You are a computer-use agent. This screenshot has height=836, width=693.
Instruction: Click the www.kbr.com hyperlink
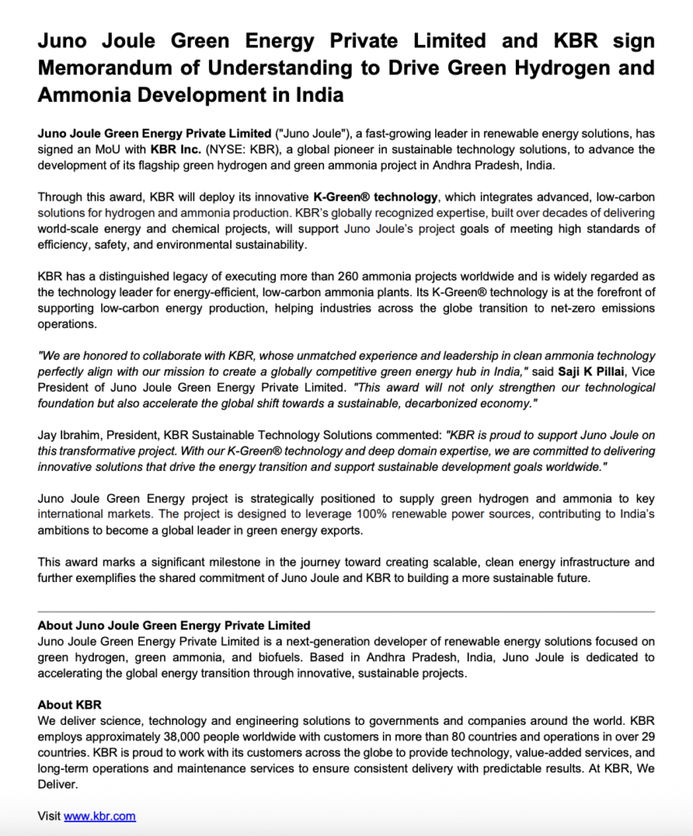100,816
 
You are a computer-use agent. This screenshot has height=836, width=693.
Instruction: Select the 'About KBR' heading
69,705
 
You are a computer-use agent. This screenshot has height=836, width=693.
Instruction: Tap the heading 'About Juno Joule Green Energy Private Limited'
174,626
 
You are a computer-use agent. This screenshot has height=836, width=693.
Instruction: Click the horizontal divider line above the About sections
346,611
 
